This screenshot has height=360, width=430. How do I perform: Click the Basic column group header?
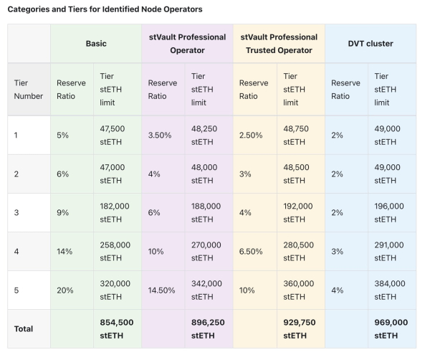pos(96,44)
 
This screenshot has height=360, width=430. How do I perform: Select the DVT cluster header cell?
pos(371,44)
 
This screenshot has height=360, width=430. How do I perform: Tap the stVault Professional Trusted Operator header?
pos(279,44)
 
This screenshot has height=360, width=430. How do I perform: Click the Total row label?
pos(24,328)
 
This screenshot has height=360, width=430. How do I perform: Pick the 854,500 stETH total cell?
pos(117,328)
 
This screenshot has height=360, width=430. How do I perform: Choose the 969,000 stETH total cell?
pos(391,328)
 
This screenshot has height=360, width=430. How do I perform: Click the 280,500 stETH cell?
pos(299,250)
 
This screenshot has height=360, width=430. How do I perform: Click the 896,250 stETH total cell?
pos(208,328)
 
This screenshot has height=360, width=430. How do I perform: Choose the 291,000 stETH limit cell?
pos(389,250)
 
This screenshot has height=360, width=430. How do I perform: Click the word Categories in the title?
pos(31,10)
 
